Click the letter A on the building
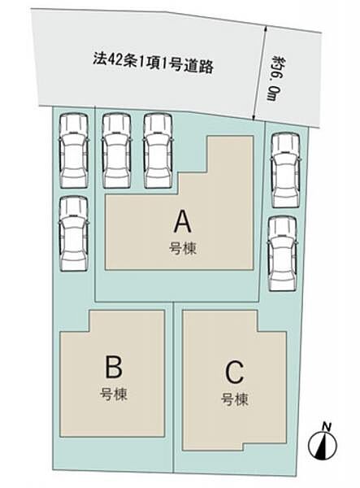click(x=183, y=221)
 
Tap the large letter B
click(x=114, y=368)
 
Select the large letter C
click(x=234, y=372)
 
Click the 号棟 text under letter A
click(x=183, y=249)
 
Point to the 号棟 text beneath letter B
click(x=114, y=394)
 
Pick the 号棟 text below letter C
click(x=235, y=399)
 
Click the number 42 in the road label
click(x=113, y=59)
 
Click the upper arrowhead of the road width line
click(x=265, y=28)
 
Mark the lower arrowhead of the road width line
click(x=254, y=117)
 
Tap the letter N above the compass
click(x=327, y=426)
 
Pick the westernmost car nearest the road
click(x=74, y=150)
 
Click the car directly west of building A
click(x=74, y=234)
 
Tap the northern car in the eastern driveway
click(x=285, y=170)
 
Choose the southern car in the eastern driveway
click(x=282, y=254)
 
